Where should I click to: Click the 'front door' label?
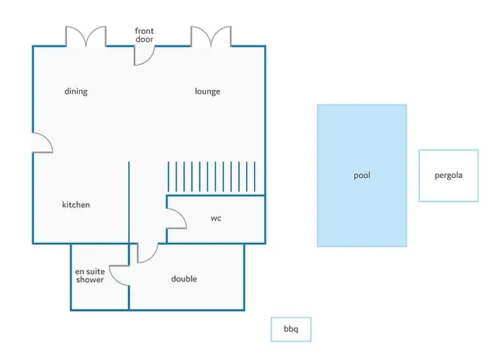pyautogui.click(x=144, y=35)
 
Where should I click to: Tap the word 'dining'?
pyautogui.click(x=76, y=91)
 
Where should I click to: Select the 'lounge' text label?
pyautogui.click(x=207, y=91)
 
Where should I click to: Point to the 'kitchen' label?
pyautogui.click(x=76, y=204)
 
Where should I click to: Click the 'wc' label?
pyautogui.click(x=216, y=218)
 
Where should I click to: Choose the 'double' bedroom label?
pyautogui.click(x=184, y=279)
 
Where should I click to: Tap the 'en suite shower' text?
pyautogui.click(x=90, y=276)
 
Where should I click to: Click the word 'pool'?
pyautogui.click(x=362, y=176)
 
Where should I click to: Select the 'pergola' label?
pyautogui.click(x=449, y=176)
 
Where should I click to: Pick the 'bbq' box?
pyautogui.click(x=291, y=329)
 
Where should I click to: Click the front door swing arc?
pyautogui.click(x=149, y=60)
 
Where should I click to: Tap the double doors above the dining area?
pyautogui.click(x=86, y=36)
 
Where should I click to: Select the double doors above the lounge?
pyautogui.click(x=211, y=36)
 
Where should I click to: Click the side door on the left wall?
pyautogui.click(x=48, y=138)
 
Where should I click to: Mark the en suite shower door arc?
pyautogui.click(x=114, y=279)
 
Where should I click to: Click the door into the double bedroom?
pyautogui.click(x=153, y=258)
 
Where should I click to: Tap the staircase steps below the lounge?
pyautogui.click(x=212, y=177)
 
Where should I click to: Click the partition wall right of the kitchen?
pyautogui.click(x=129, y=202)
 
